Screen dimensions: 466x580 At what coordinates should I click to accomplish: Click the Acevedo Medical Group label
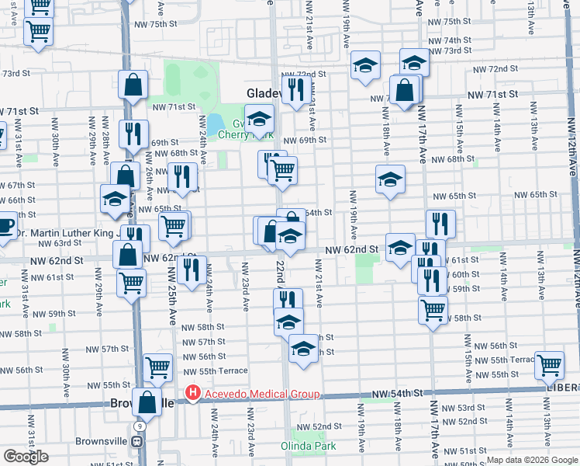(261, 395)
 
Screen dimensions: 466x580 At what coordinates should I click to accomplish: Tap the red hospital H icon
(193, 395)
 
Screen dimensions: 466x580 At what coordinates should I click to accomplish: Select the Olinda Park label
(308, 447)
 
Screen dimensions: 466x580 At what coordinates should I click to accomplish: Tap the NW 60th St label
(464, 274)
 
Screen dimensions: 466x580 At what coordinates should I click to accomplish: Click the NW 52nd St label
(323, 426)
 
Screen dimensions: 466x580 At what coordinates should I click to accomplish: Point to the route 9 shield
(137, 426)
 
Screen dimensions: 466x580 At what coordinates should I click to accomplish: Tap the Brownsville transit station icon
(137, 441)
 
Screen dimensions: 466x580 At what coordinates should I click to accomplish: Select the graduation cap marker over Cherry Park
(259, 118)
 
